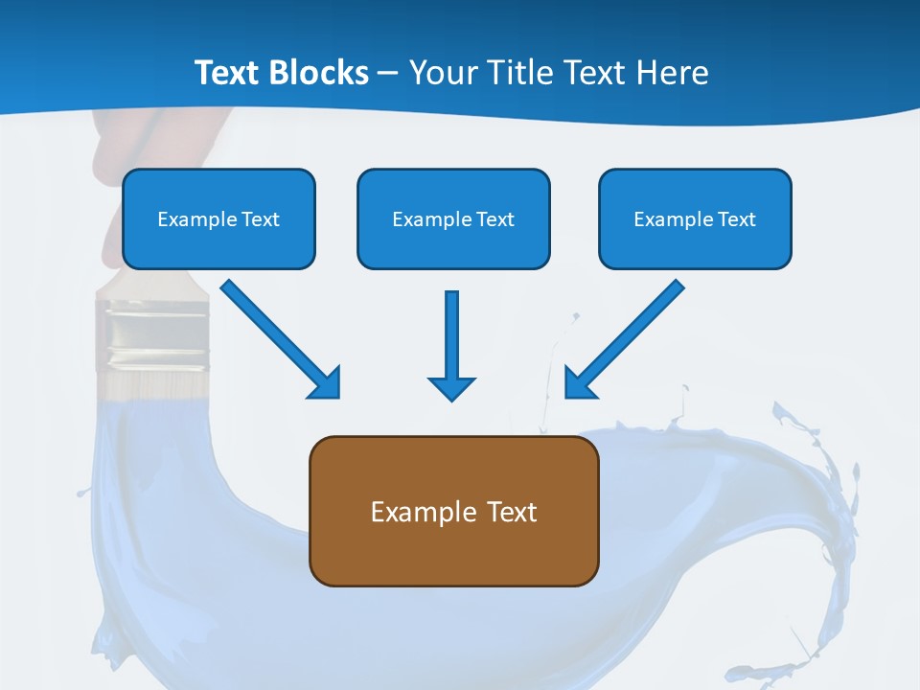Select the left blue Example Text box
(x=218, y=218)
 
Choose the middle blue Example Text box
(x=453, y=218)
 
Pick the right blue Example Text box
(x=695, y=218)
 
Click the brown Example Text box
(x=453, y=511)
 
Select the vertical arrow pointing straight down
(x=451, y=335)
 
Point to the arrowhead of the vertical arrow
(x=451, y=387)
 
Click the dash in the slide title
(x=388, y=74)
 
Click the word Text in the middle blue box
(x=494, y=219)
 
